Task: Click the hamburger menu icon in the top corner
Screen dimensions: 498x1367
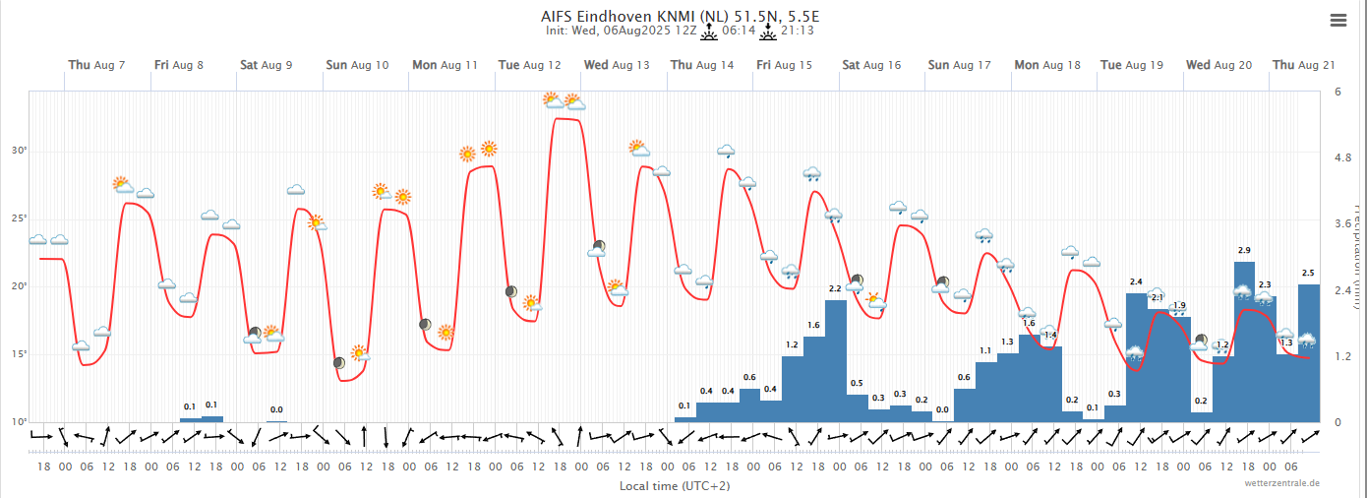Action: tap(1337, 20)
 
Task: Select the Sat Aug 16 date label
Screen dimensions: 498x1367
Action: tap(871, 65)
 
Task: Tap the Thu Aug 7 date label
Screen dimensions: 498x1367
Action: tap(96, 65)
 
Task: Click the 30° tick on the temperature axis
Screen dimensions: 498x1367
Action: tap(19, 151)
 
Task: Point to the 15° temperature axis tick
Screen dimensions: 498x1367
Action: tap(19, 354)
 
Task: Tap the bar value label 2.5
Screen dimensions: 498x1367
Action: tap(1308, 273)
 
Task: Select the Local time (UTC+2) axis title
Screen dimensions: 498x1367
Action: tap(675, 486)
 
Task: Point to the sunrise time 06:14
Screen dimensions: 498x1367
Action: tap(739, 31)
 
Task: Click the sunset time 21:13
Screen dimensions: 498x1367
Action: tap(797, 31)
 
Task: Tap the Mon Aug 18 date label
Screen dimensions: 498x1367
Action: tap(1047, 65)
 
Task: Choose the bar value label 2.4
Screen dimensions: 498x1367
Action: tap(1136, 282)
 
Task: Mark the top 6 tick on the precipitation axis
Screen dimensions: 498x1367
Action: tap(1337, 92)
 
